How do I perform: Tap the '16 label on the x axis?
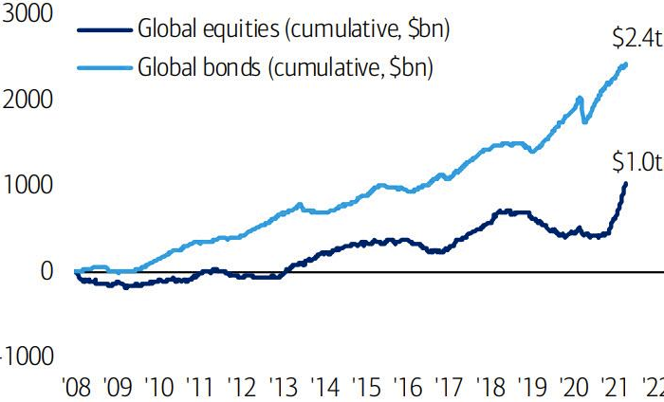[407, 388]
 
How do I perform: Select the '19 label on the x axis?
[532, 388]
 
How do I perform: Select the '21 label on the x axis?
[616, 388]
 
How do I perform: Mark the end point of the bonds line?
[626, 64]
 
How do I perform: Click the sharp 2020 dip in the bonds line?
[584, 121]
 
